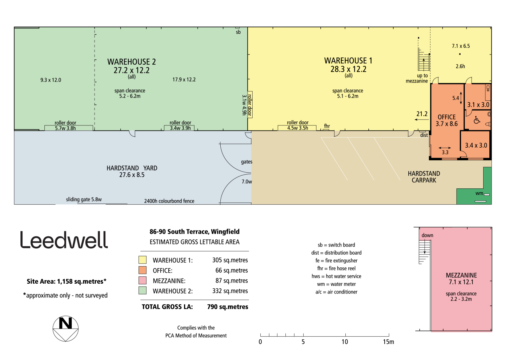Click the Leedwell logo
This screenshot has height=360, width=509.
point(64,240)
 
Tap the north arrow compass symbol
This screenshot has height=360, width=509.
point(66,328)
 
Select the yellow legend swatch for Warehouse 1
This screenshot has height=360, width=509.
point(143,260)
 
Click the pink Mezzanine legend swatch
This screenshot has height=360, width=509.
point(143,280)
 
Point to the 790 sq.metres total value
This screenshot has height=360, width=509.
point(228,307)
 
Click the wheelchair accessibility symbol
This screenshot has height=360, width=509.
point(477,120)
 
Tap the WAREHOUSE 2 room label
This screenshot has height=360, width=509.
point(132,62)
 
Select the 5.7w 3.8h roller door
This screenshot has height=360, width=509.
point(69,128)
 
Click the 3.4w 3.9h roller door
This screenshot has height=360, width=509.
point(179,128)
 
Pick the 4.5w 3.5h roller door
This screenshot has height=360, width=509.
point(297,128)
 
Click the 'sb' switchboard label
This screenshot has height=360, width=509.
point(238,32)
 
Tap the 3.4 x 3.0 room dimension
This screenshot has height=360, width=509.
point(476,145)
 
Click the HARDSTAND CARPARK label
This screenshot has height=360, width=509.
point(424,177)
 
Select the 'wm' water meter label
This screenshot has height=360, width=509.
point(479,193)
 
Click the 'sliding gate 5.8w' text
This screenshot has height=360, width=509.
point(84,199)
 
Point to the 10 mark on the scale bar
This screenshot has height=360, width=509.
point(345,342)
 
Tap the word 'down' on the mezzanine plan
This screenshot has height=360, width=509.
point(427,235)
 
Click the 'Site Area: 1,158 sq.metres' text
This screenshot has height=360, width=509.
point(67,281)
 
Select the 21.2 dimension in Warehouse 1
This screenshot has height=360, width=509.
point(422,114)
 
